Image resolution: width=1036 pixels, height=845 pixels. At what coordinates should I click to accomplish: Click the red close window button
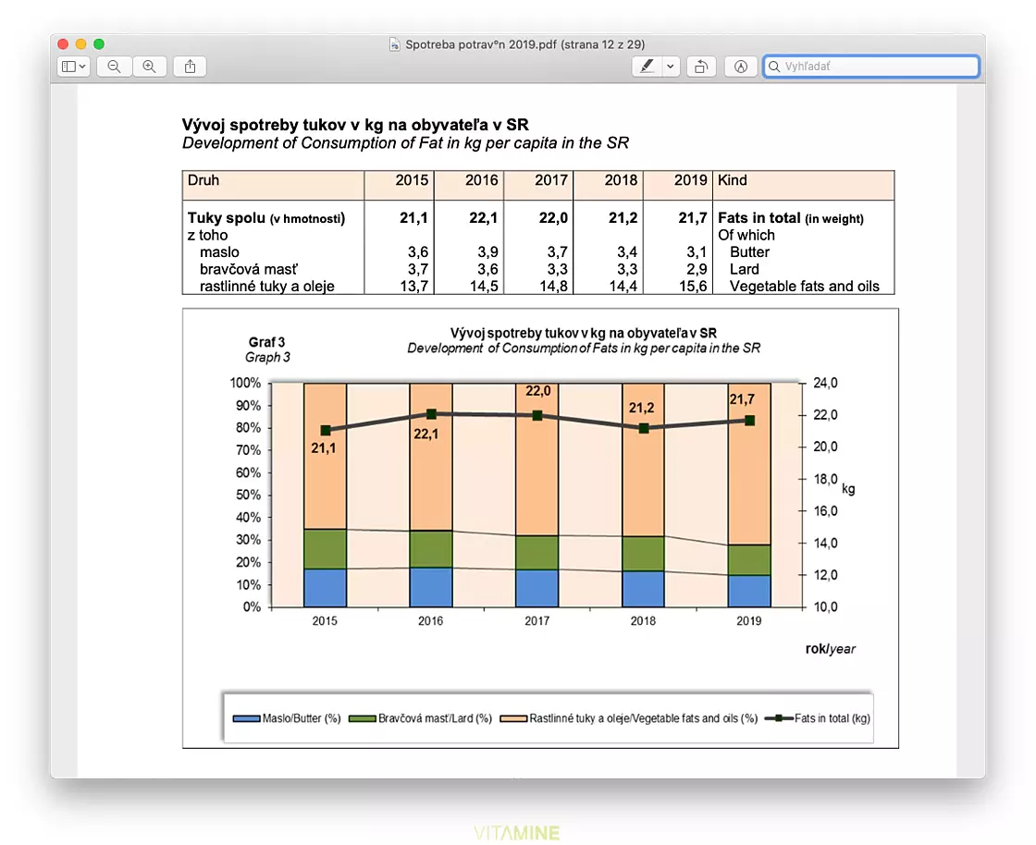pos(63,44)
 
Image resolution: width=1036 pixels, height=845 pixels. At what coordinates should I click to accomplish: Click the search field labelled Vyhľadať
pos(870,66)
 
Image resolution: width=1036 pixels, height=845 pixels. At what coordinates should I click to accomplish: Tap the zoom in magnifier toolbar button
pos(149,66)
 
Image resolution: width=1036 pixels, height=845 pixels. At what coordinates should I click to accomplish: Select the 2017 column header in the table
pos(551,180)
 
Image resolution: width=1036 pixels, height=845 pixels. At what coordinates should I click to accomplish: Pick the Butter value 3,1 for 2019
pos(697,252)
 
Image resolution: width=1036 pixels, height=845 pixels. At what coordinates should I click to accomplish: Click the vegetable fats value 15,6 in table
pos(693,287)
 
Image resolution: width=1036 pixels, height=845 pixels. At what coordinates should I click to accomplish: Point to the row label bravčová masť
pos(249,269)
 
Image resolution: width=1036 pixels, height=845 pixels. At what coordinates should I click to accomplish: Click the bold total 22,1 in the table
pos(483,218)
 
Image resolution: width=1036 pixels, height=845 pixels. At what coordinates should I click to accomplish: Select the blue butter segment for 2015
pos(325,588)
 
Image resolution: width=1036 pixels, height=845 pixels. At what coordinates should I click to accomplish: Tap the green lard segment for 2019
pos(749,560)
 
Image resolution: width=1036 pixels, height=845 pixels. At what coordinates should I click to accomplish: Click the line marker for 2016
pos(431,414)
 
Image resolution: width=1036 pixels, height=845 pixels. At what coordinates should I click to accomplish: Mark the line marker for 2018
pos(644,428)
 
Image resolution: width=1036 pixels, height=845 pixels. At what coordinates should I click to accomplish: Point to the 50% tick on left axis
pos(248,496)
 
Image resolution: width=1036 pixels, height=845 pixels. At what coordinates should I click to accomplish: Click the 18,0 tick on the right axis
pos(825,479)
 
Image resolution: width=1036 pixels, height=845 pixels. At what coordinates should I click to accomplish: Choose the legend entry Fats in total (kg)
pos(818,718)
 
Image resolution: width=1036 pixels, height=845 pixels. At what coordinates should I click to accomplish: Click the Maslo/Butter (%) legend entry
pos(287,718)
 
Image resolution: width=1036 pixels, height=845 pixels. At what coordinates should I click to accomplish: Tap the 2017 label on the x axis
pos(537,621)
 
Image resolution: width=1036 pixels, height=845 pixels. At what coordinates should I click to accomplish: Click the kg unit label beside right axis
pos(848,489)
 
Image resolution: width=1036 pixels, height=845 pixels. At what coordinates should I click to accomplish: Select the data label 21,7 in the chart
pos(742,399)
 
